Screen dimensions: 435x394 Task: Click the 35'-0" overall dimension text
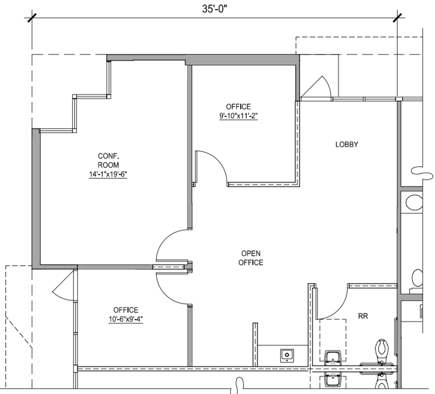click(214, 9)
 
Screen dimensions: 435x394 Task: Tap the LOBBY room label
click(347, 144)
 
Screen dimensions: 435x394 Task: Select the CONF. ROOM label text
click(108, 160)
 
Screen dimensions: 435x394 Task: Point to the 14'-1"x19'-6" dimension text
click(108, 174)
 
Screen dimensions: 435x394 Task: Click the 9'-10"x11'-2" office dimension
click(238, 116)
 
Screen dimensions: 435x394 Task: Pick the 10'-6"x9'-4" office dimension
click(126, 319)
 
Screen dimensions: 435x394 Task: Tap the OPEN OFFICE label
click(251, 258)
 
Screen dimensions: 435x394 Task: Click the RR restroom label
click(363, 316)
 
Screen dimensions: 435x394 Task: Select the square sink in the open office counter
click(287, 355)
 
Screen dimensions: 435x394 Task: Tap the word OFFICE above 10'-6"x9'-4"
click(126, 310)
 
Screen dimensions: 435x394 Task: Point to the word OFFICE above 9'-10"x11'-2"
click(238, 107)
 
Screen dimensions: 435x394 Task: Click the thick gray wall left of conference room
click(36, 198)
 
